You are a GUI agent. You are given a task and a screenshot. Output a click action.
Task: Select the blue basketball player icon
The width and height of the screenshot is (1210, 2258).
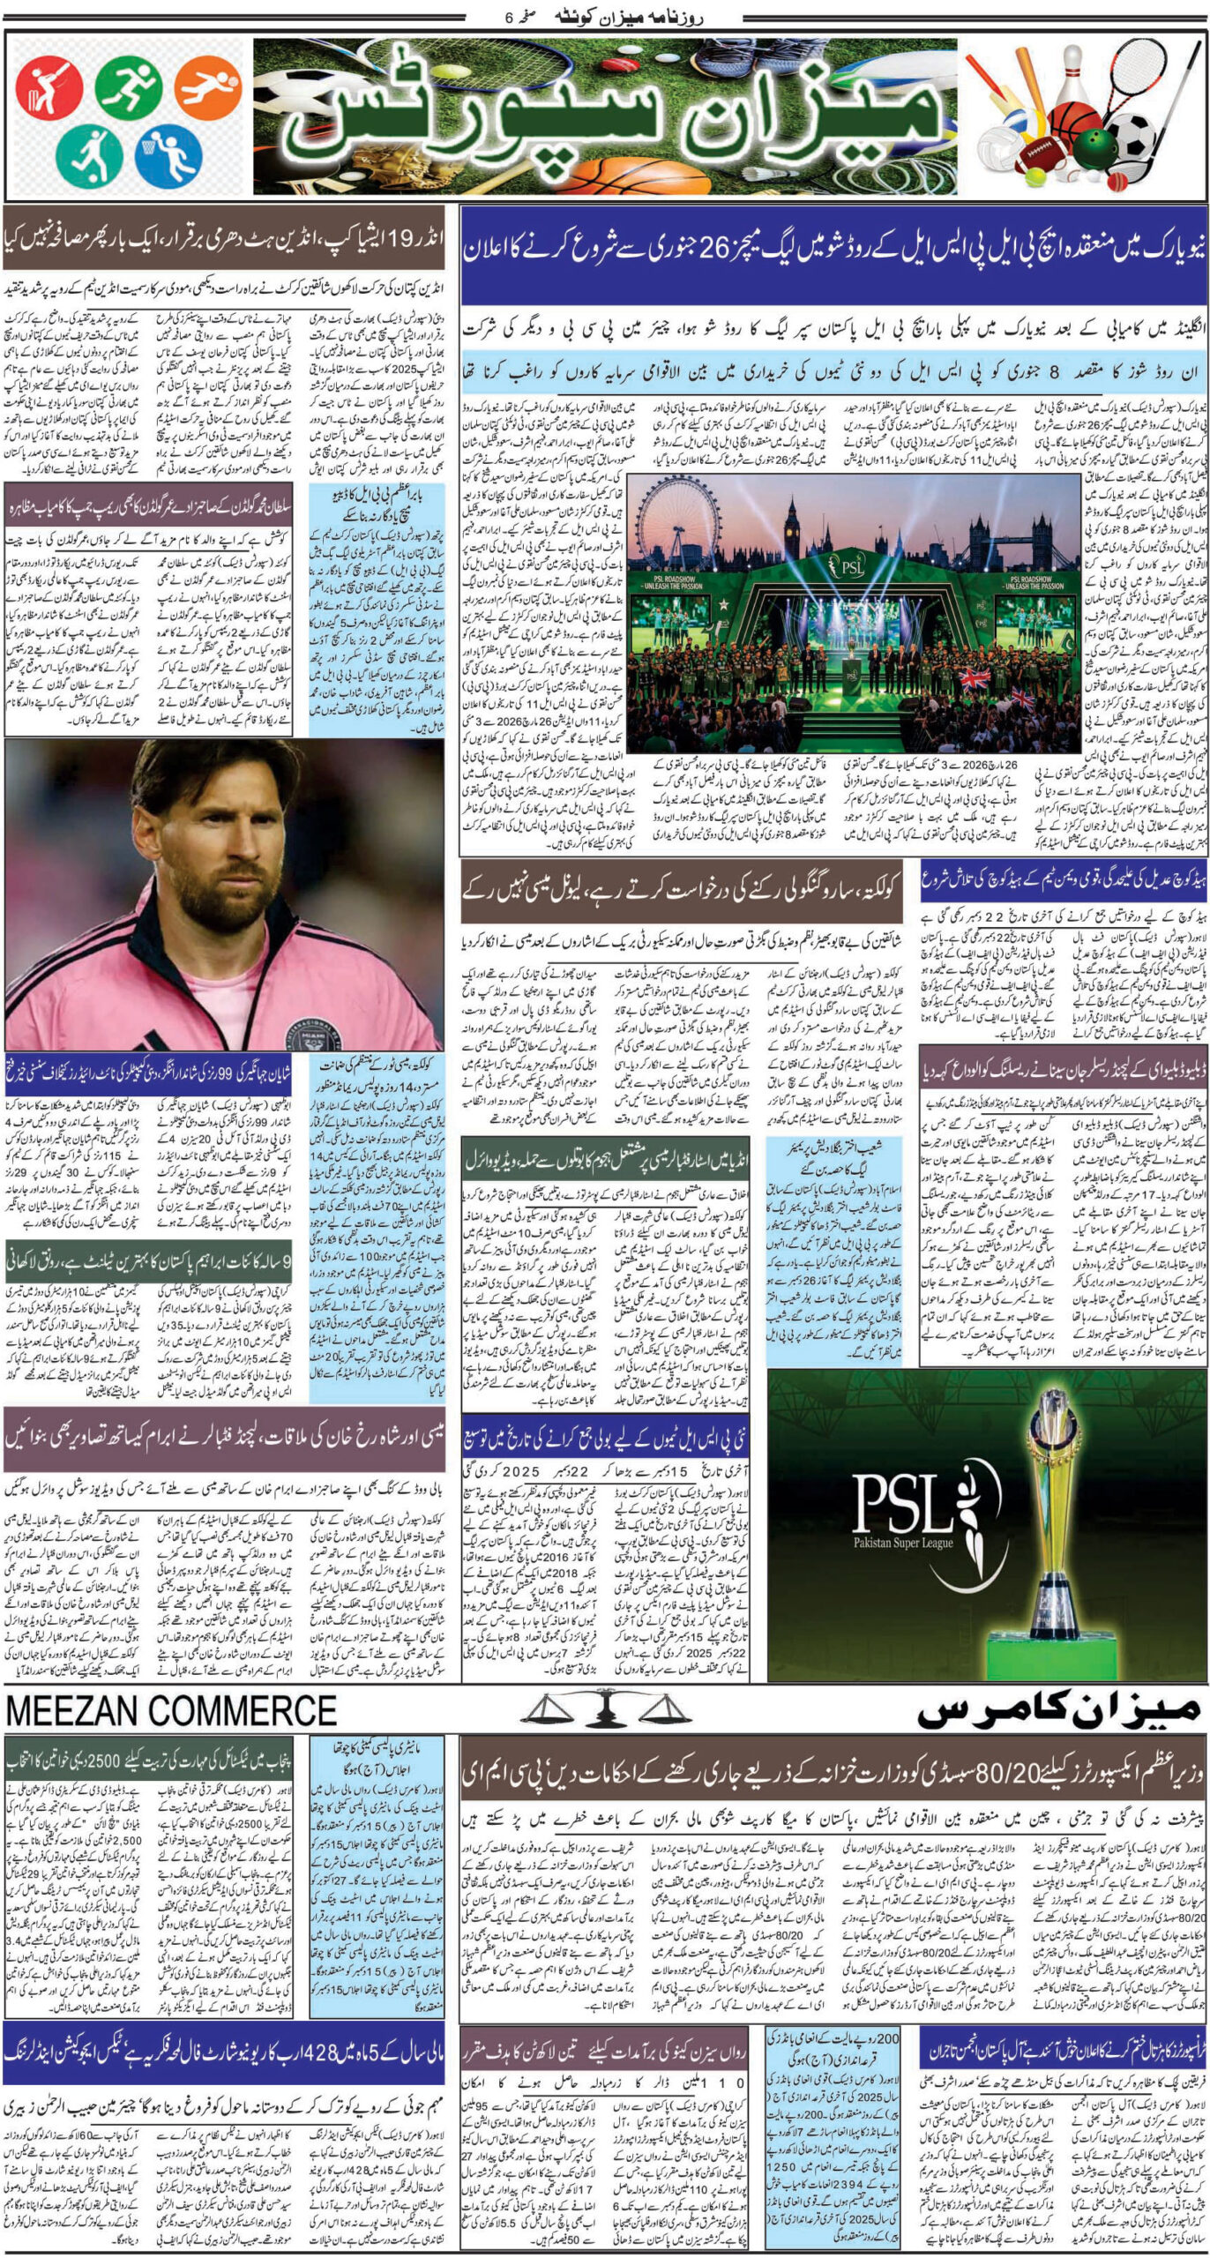click(168, 156)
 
